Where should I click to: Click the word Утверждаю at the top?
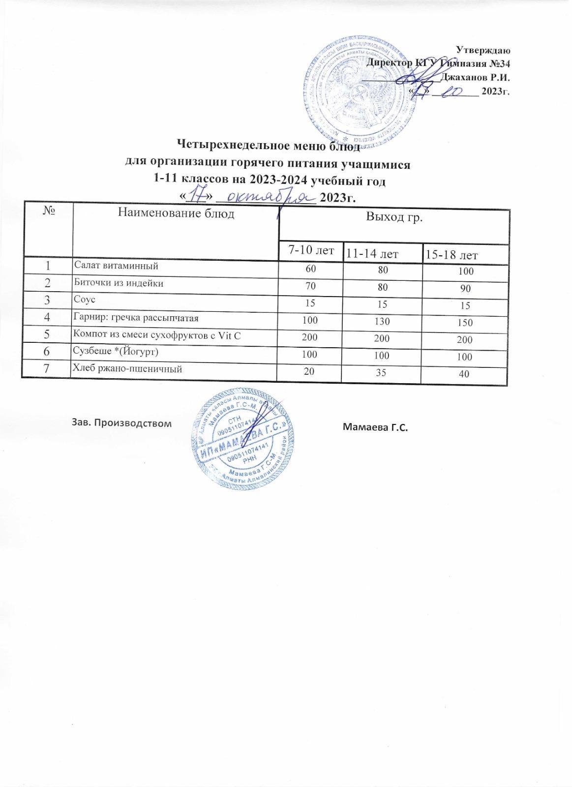click(x=484, y=50)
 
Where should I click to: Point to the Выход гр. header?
click(x=394, y=218)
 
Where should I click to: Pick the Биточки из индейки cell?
click(x=119, y=283)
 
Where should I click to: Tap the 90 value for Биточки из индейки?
click(x=464, y=289)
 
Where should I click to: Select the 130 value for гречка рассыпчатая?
click(x=381, y=321)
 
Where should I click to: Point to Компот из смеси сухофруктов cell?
click(x=157, y=335)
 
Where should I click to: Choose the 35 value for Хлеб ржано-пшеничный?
click(x=381, y=372)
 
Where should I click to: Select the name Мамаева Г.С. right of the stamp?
click(x=376, y=426)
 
